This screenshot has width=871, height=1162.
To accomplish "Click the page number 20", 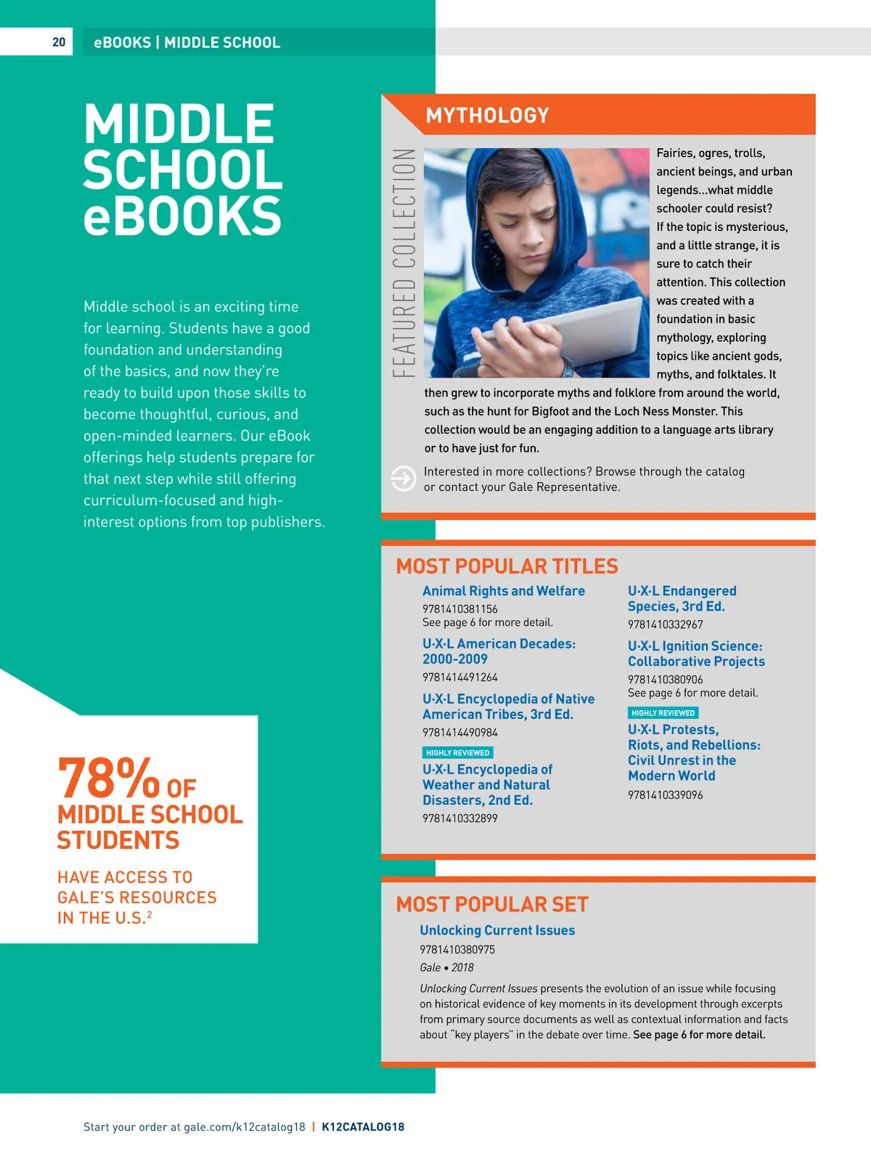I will [x=59, y=42].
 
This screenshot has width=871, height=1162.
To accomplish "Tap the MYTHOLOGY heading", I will [x=487, y=115].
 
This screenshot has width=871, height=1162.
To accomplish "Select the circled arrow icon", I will [x=403, y=479].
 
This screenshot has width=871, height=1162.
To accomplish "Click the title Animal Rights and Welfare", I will [x=503, y=591].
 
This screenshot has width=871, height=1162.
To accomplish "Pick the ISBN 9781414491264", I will [x=459, y=678].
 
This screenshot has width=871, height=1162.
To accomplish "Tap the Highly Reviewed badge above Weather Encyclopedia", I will [x=457, y=753].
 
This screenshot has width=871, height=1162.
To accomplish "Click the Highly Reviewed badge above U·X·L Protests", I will [x=663, y=713].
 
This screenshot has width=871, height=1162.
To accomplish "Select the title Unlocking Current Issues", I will [x=496, y=930].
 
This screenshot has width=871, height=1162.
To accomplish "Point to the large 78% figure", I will [x=109, y=779].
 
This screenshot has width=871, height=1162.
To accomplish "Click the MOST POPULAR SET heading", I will [x=491, y=904].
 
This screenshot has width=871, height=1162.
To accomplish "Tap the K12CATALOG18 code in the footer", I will [x=363, y=1127].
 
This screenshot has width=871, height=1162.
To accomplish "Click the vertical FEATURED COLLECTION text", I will [x=404, y=263].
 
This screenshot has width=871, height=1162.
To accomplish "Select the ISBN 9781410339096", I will [x=665, y=795].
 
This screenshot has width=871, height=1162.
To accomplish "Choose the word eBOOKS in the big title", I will [x=181, y=216].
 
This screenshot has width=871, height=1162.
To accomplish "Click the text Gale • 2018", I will [x=446, y=967].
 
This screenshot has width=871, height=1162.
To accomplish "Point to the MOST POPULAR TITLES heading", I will [x=507, y=566].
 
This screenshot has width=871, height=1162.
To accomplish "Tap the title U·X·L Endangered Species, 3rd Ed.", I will [x=681, y=598].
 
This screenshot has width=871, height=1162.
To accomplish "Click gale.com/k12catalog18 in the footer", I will [x=245, y=1127].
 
